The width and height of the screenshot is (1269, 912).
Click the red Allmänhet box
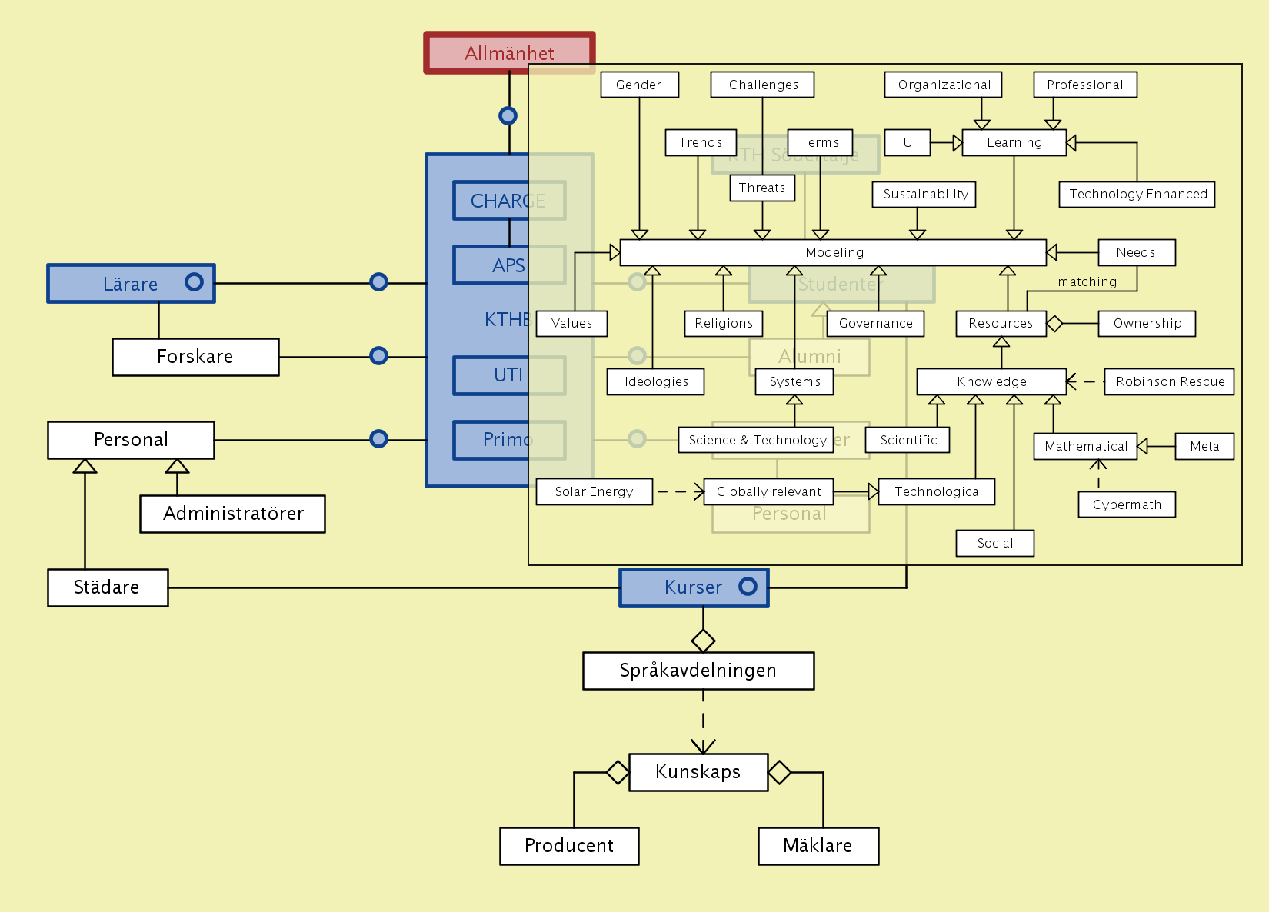coord(509,52)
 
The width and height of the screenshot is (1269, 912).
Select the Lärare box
coord(131,283)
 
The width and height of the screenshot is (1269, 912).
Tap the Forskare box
coord(195,357)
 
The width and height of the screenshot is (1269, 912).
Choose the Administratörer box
coord(232,514)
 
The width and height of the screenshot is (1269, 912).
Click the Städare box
coord(108,587)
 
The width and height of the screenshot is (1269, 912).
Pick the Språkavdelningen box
coord(698,671)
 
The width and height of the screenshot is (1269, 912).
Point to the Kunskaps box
coord(698,772)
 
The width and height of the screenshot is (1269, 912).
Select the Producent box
coord(569,846)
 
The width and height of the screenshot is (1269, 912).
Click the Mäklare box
coord(818,846)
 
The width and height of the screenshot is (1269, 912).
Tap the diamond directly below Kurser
coord(703,640)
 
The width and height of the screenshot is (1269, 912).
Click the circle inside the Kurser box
coord(748,587)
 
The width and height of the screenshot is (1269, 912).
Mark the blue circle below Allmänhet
coord(508,115)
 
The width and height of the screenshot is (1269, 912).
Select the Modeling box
coord(834,252)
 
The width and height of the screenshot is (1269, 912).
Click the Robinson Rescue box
coord(1169,381)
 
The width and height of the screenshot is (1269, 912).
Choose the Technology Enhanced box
coord(1137,194)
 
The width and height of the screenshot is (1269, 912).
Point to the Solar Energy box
coord(594,491)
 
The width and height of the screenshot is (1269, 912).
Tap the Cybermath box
coord(1127,504)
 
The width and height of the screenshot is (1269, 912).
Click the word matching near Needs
coord(1087,282)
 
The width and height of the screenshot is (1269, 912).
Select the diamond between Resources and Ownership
coord(1054,324)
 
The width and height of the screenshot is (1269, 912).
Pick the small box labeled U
coord(908,142)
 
